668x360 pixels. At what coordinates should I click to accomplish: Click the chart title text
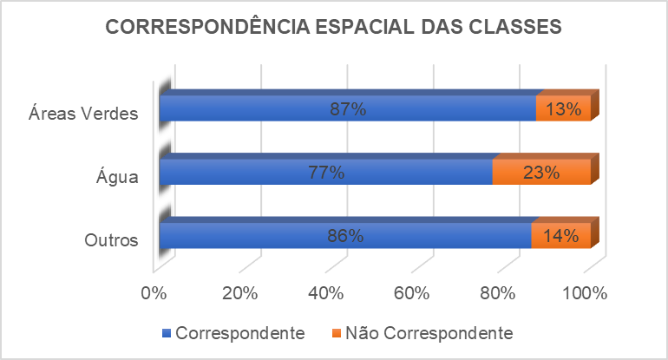pos(334,27)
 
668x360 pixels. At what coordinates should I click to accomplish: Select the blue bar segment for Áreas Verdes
pos(260,108)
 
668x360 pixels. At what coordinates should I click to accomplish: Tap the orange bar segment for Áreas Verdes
pos(564,108)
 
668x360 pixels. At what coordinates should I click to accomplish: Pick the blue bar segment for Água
pos(243,172)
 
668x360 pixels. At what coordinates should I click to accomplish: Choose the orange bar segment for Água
pos(541,172)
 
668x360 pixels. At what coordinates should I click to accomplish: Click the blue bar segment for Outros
pos(260,235)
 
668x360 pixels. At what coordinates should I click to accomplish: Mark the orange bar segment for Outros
pos(560,235)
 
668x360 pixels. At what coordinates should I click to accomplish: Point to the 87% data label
pos(348,109)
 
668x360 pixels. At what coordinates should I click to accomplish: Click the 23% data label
pos(541,172)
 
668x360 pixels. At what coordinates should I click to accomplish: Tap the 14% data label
pos(561,235)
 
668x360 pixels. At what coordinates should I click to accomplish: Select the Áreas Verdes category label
pos(83,115)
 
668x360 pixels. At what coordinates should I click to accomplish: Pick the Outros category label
pos(112,241)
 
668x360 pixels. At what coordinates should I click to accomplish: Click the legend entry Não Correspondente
pos(429,333)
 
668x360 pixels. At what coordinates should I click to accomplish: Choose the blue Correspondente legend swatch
pos(167,333)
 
